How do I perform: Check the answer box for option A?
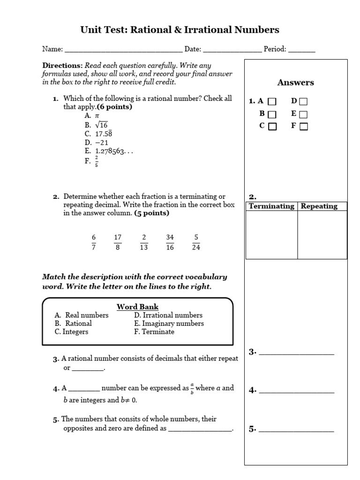click(272, 101)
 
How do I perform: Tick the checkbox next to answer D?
click(303, 101)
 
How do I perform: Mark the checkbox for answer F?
click(303, 126)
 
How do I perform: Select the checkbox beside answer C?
click(272, 126)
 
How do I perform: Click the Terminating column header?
click(271, 206)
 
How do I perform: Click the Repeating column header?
click(319, 206)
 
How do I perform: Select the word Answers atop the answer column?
click(296, 82)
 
